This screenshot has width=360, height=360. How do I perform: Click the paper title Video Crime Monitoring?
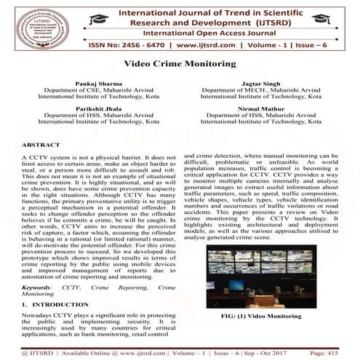coord(180,64)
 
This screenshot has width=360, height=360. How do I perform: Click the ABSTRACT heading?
coord(41,145)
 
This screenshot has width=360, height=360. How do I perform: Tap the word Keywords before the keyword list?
coord(39,287)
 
